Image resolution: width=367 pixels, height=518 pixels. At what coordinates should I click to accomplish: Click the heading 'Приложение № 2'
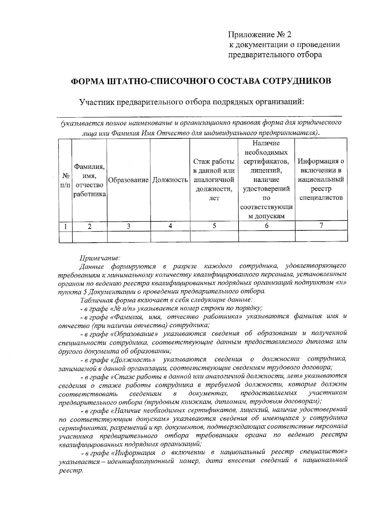click(261, 34)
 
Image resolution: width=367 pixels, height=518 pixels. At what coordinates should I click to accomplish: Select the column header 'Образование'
click(128, 180)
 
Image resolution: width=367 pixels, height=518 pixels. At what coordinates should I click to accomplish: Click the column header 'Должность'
click(170, 180)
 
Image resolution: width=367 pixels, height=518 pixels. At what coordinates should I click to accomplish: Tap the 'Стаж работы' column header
click(214, 180)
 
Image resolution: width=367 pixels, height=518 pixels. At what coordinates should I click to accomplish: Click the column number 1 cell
click(65, 226)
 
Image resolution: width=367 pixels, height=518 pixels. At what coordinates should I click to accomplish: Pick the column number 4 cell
click(170, 226)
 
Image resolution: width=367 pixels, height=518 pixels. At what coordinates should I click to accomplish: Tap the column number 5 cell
click(214, 226)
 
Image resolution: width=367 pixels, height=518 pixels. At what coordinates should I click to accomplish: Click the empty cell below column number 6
click(266, 237)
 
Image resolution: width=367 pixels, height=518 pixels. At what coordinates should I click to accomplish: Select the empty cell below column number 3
click(128, 237)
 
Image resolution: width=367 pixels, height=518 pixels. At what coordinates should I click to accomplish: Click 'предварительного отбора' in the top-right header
click(275, 55)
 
